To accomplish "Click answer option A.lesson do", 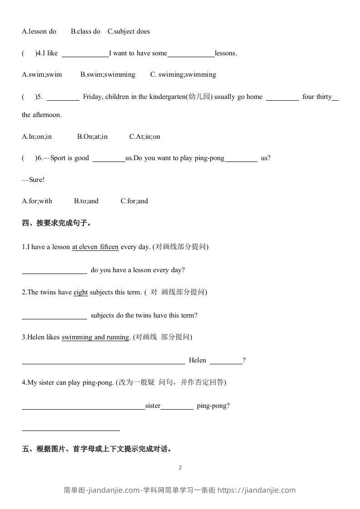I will click(x=39, y=31).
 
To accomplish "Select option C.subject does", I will click(x=128, y=31).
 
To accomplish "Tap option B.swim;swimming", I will click(x=108, y=74).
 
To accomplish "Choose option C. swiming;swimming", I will click(x=183, y=74).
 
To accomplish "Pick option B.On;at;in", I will click(x=92, y=137).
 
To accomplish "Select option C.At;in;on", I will click(x=144, y=137).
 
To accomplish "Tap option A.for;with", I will click(x=37, y=201).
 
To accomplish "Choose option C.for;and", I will click(x=134, y=201).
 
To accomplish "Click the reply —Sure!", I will click(x=33, y=180).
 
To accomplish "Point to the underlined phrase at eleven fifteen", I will click(x=95, y=247).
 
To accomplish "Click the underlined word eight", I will click(x=81, y=292).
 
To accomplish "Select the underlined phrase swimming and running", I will click(x=95, y=337).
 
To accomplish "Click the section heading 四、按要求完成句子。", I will click(x=57, y=223).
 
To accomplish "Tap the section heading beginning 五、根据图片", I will click(x=97, y=449).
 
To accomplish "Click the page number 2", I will click(x=180, y=468).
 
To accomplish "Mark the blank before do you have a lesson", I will click(x=54, y=270).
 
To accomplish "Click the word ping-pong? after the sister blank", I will click(x=213, y=406).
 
